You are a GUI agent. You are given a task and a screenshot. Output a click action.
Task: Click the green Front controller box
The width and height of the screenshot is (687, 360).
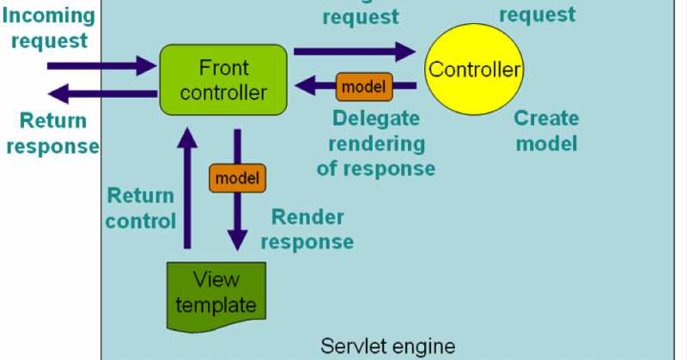pyautogui.click(x=223, y=80)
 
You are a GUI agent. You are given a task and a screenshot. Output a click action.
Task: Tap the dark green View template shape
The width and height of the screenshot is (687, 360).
pyautogui.click(x=216, y=292)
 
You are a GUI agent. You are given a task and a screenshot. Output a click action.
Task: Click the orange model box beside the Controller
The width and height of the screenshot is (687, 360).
pyautogui.click(x=364, y=85)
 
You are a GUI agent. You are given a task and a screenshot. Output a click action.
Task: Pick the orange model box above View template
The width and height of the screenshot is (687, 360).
pyautogui.click(x=237, y=178)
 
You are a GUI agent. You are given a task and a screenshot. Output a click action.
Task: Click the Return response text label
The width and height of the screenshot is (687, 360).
pyautogui.click(x=52, y=133)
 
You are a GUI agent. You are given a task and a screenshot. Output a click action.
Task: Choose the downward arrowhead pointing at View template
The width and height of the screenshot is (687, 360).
pyautogui.click(x=238, y=240)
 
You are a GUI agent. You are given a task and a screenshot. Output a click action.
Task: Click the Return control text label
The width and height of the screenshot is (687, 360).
pyautogui.click(x=141, y=208)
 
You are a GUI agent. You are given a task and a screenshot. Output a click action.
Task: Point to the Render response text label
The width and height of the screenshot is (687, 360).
pyautogui.click(x=307, y=229)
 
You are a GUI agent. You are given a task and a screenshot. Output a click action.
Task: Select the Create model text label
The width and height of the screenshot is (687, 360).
pyautogui.click(x=546, y=131)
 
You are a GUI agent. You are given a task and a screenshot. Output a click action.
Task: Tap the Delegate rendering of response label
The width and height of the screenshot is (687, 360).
pyautogui.click(x=375, y=143)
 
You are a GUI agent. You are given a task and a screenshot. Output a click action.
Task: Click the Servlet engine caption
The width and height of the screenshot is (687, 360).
pyautogui.click(x=388, y=346)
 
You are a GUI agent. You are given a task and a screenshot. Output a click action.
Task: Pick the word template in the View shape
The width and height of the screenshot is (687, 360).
pyautogui.click(x=216, y=304)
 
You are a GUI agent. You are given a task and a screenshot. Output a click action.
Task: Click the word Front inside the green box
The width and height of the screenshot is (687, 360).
pyautogui.click(x=223, y=68)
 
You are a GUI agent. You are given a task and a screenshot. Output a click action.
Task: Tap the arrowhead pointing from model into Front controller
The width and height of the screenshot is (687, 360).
pyautogui.click(x=306, y=85)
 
